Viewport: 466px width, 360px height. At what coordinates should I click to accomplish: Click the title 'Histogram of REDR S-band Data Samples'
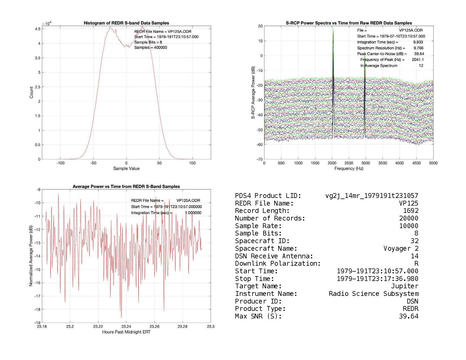126,23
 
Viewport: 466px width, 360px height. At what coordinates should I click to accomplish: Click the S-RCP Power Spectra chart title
349,23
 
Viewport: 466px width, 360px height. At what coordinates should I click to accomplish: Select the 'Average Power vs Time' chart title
126,187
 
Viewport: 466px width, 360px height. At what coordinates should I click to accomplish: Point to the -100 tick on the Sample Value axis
60,163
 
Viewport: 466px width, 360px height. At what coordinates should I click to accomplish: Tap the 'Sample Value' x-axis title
126,169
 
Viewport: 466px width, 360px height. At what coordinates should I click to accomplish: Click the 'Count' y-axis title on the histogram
31,92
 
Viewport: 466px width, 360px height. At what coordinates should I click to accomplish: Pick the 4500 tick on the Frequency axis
416,163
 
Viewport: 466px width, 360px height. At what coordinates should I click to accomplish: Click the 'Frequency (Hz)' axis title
349,169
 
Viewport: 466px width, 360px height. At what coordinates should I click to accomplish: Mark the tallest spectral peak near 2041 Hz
333,29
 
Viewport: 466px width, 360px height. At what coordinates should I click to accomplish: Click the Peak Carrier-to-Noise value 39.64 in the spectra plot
419,54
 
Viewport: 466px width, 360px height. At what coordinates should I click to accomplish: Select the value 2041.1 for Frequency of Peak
418,60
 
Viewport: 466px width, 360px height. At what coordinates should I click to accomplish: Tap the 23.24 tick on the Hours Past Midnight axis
126,327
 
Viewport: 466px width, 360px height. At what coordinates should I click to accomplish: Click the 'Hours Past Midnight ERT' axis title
126,332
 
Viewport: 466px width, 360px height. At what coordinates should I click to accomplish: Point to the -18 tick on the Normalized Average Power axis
37,309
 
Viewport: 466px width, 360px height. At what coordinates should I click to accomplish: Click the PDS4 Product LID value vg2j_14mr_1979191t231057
372,196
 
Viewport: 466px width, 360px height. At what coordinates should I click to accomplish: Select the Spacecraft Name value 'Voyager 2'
401,248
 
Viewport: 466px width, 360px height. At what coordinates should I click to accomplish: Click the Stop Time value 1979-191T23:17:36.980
377,279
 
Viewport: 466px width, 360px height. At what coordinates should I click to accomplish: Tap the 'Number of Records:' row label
270,218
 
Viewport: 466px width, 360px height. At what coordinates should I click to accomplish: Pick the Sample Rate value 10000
409,226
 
